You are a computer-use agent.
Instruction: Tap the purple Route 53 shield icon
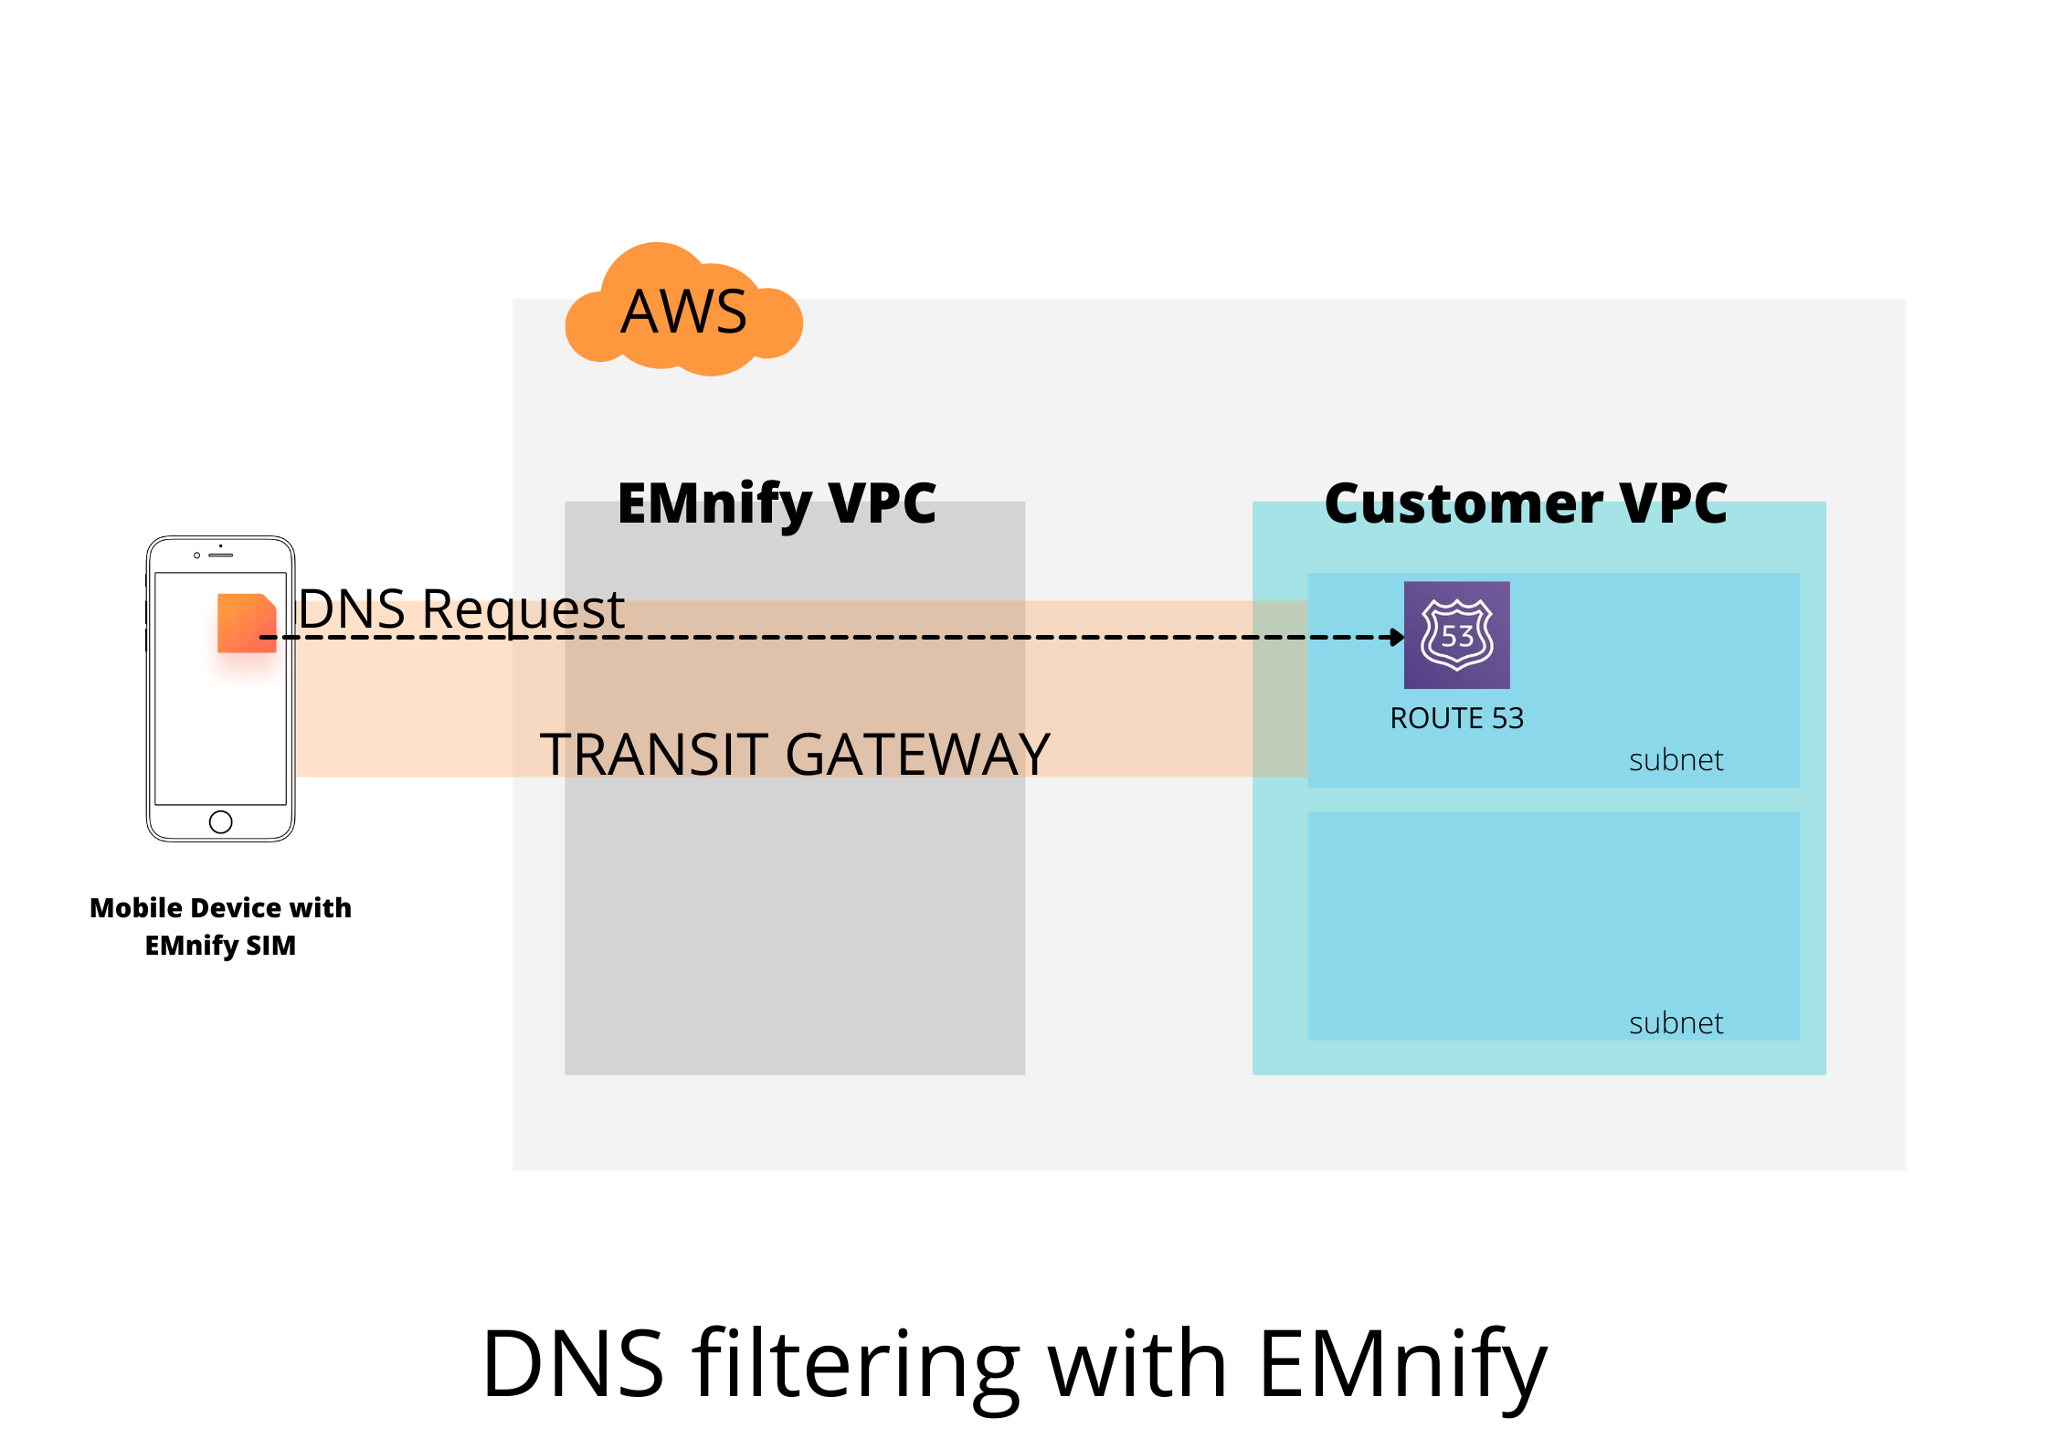coord(1456,635)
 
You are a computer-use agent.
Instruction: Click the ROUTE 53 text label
coord(1456,718)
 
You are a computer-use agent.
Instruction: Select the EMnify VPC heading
coord(777,503)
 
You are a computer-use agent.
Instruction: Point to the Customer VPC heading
coord(1526,503)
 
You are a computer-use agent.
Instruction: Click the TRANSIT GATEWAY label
coord(795,755)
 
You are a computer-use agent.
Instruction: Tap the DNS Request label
coord(461,609)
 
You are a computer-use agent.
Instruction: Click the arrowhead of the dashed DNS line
coord(1397,637)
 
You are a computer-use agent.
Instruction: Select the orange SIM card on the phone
coord(246,622)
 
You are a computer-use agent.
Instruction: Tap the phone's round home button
coord(220,821)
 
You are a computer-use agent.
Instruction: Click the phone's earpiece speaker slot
coord(220,555)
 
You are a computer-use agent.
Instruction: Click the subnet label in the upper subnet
coord(1676,760)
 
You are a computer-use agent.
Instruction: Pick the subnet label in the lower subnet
coord(1676,1023)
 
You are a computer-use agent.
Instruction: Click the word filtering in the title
coord(855,1364)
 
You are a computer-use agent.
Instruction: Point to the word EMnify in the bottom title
coord(1402,1364)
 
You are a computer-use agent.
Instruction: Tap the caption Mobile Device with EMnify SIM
coord(220,926)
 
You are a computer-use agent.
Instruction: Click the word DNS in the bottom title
coord(573,1364)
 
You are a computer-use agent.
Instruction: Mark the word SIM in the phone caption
coord(271,945)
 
